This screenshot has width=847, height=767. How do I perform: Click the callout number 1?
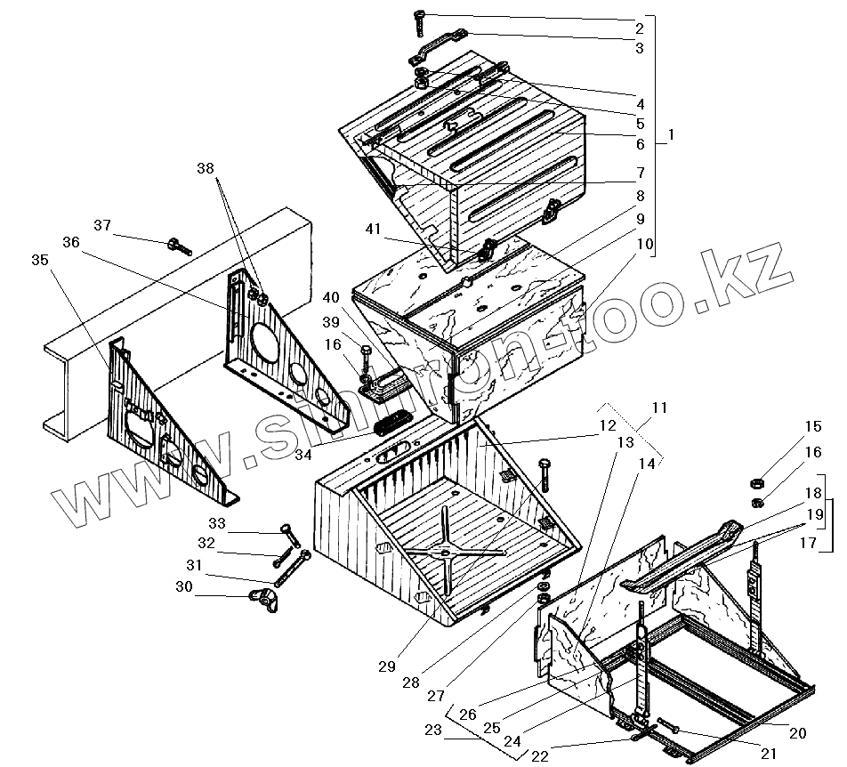672,135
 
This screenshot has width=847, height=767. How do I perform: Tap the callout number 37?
103,225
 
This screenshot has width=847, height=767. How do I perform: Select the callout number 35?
40,260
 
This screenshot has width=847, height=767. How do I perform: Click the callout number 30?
183,587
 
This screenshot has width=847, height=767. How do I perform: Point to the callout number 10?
645,243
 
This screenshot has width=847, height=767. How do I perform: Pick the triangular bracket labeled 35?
160,418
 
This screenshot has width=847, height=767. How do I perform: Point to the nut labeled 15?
754,483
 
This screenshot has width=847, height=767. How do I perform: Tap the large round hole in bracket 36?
264,340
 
